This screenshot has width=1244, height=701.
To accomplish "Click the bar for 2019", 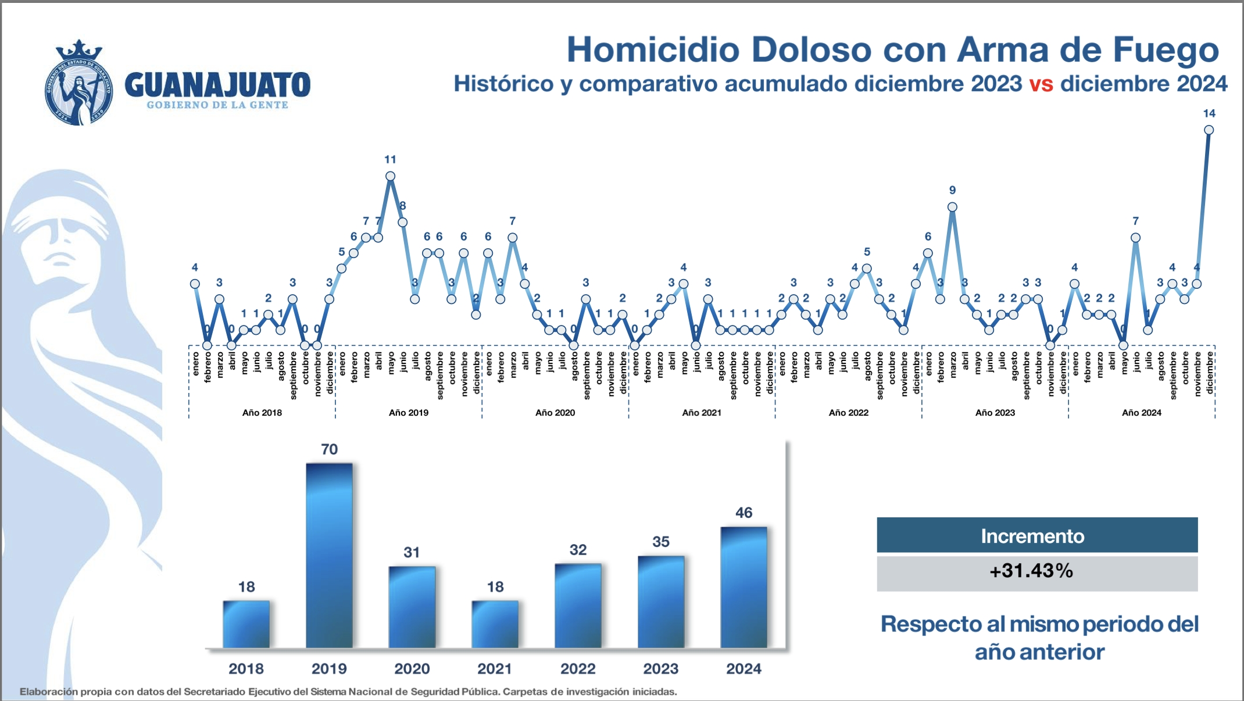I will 329,555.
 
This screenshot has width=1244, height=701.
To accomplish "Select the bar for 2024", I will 743,587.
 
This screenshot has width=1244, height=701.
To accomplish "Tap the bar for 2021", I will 495,624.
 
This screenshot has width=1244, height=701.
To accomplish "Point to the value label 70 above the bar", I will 329,449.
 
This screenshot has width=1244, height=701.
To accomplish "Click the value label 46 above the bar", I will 743,513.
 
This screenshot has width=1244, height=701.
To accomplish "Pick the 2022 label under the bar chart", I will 578,668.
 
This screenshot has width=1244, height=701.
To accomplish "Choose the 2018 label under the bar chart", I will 246,668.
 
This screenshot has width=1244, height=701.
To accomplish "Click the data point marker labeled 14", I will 1209,130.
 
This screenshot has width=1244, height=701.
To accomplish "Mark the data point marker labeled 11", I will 390,176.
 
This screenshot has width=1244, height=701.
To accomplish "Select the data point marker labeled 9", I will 952,207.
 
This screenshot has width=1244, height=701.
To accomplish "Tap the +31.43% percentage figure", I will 1031,571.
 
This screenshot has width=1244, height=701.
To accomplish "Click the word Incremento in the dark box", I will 1032,536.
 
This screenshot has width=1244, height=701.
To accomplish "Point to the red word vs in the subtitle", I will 1041,84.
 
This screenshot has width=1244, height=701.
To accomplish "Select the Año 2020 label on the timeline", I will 555,413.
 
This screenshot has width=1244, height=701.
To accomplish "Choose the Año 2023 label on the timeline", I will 995,413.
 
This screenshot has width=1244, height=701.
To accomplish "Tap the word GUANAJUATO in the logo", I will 217,85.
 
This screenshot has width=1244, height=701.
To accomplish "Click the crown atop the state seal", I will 78,49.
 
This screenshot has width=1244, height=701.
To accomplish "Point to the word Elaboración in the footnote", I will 49,692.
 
